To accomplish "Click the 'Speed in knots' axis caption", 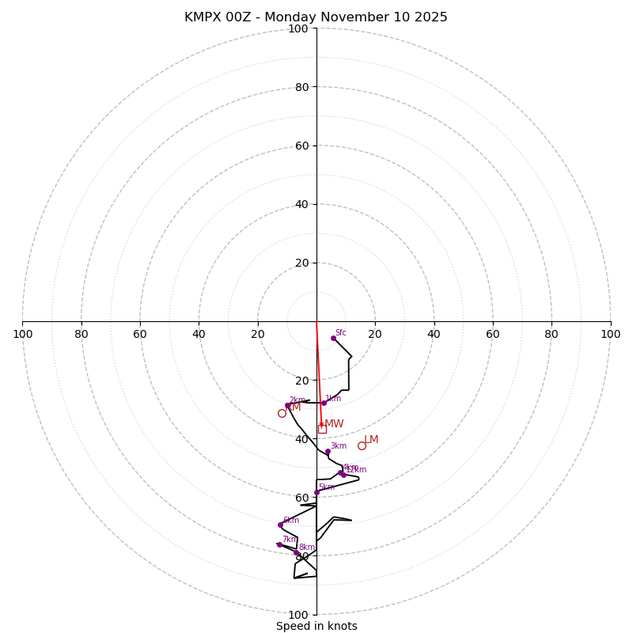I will click(x=316, y=626).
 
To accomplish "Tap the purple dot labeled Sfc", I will click(x=333, y=338).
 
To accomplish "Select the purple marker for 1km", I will click(x=324, y=403).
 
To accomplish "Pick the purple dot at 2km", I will click(x=288, y=405).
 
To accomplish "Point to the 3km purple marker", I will click(x=328, y=452).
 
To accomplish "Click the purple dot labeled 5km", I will click(x=316, y=492).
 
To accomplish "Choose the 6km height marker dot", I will click(x=280, y=525).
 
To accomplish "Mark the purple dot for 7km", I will click(x=279, y=544).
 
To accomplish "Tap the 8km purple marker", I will click(x=297, y=553).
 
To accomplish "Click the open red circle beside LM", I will click(x=362, y=445).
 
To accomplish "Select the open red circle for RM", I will click(x=282, y=413).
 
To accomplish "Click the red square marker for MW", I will click(x=322, y=429).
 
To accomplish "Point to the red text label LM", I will click(x=371, y=439).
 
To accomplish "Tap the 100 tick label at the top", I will click(x=298, y=28).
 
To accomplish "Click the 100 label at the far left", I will click(x=22, y=334).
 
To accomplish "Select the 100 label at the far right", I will click(x=611, y=334).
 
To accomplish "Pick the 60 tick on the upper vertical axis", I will click(x=301, y=146).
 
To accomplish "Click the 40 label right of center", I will click(x=434, y=334).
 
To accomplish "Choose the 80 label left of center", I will click(x=81, y=334).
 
